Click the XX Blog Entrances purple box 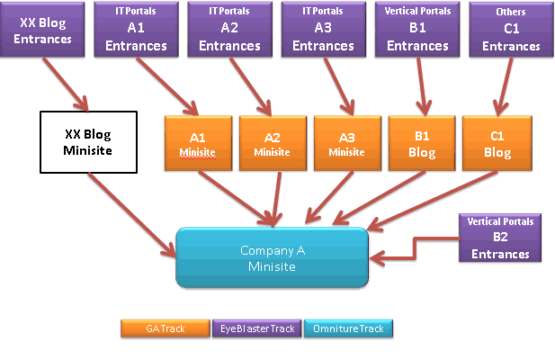pos(46,30)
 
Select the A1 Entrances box pos(135,30)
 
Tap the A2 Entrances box pos(229,30)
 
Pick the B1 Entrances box pos(417,30)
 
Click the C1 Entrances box pos(511,30)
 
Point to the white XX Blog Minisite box pos(88,141)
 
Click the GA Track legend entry pos(166,329)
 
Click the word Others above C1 pos(511,12)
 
